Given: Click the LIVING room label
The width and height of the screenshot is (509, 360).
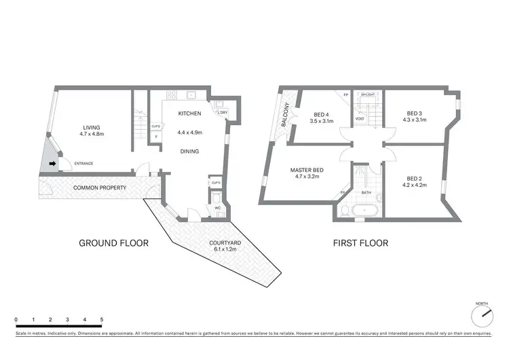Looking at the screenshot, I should point(90,126).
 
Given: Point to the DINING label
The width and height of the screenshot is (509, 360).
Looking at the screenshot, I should point(189,151).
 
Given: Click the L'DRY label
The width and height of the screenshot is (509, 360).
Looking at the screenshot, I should point(222,111).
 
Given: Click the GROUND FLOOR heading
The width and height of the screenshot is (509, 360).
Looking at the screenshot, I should point(113,242).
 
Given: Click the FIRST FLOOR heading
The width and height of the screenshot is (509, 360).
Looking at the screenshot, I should point(360,242).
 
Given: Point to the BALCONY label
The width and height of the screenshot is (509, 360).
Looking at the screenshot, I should point(288,115).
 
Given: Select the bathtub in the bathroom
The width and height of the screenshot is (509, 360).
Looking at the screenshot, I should point(366,211).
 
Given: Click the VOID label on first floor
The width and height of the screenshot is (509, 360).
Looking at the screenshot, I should point(360,118).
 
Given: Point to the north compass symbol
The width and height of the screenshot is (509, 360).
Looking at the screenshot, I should point(483,314).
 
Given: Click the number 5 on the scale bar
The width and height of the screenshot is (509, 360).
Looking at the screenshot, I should point(102,319).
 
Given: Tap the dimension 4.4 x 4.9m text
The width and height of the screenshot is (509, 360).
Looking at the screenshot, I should point(189,132).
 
